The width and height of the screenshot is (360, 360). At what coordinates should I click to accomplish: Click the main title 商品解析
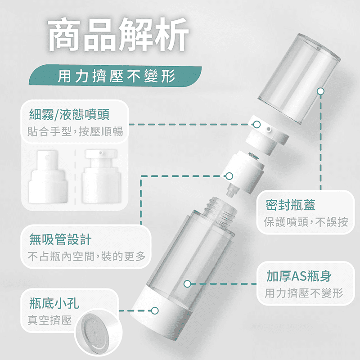(x=118, y=35)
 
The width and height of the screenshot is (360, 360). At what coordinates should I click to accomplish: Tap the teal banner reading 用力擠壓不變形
(x=116, y=76)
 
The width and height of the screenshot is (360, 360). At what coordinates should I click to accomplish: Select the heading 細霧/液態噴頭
(x=69, y=114)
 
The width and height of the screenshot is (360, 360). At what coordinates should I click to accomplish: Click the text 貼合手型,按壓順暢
(x=75, y=131)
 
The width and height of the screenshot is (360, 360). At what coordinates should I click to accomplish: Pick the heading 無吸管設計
(x=60, y=239)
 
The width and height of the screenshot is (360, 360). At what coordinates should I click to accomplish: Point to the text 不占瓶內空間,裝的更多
(x=86, y=256)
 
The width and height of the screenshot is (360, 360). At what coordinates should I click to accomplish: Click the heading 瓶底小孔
(x=54, y=303)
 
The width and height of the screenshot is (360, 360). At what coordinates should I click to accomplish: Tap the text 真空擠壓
(x=49, y=320)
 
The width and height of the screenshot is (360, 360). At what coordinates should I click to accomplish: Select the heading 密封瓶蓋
(x=290, y=205)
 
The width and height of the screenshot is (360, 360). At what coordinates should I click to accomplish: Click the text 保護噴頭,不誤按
(x=306, y=222)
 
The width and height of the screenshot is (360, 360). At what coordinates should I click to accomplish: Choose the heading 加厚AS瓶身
(x=299, y=276)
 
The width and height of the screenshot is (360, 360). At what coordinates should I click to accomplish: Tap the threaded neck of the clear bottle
(x=220, y=211)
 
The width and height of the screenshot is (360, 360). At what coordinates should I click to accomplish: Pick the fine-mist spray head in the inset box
(x=48, y=177)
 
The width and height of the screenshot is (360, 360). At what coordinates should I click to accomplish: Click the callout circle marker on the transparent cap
(x=320, y=91)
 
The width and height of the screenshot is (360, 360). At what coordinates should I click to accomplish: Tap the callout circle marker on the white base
(x=155, y=310)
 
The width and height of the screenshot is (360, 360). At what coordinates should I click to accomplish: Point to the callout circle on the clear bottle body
(x=187, y=284)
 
